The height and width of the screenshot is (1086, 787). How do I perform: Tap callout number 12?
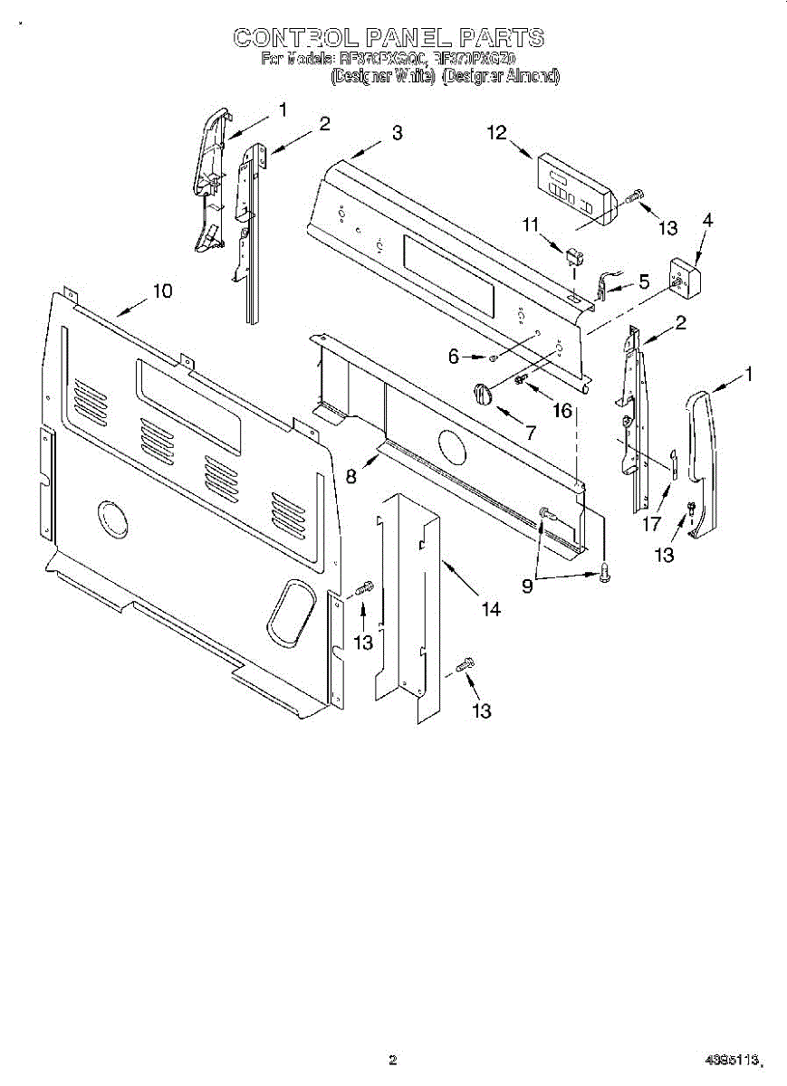[496, 132]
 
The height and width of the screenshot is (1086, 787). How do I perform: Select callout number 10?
[161, 291]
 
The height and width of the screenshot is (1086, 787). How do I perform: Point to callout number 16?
[562, 411]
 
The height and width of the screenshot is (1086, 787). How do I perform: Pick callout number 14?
[490, 610]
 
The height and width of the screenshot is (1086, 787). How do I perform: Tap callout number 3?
[397, 133]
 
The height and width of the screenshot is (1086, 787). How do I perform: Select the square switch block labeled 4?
[682, 277]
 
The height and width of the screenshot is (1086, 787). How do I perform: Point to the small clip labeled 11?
[573, 257]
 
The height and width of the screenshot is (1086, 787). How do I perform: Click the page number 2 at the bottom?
[392, 1060]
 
